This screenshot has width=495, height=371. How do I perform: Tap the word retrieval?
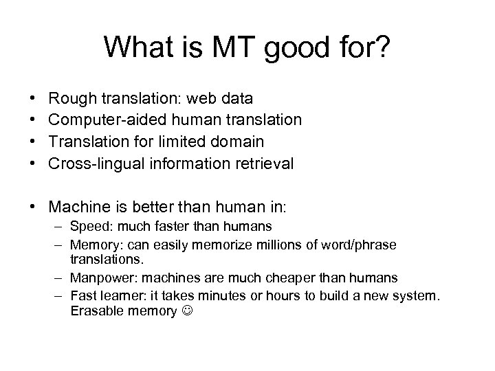coord(264,164)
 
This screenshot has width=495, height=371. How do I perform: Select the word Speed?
coord(87,226)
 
